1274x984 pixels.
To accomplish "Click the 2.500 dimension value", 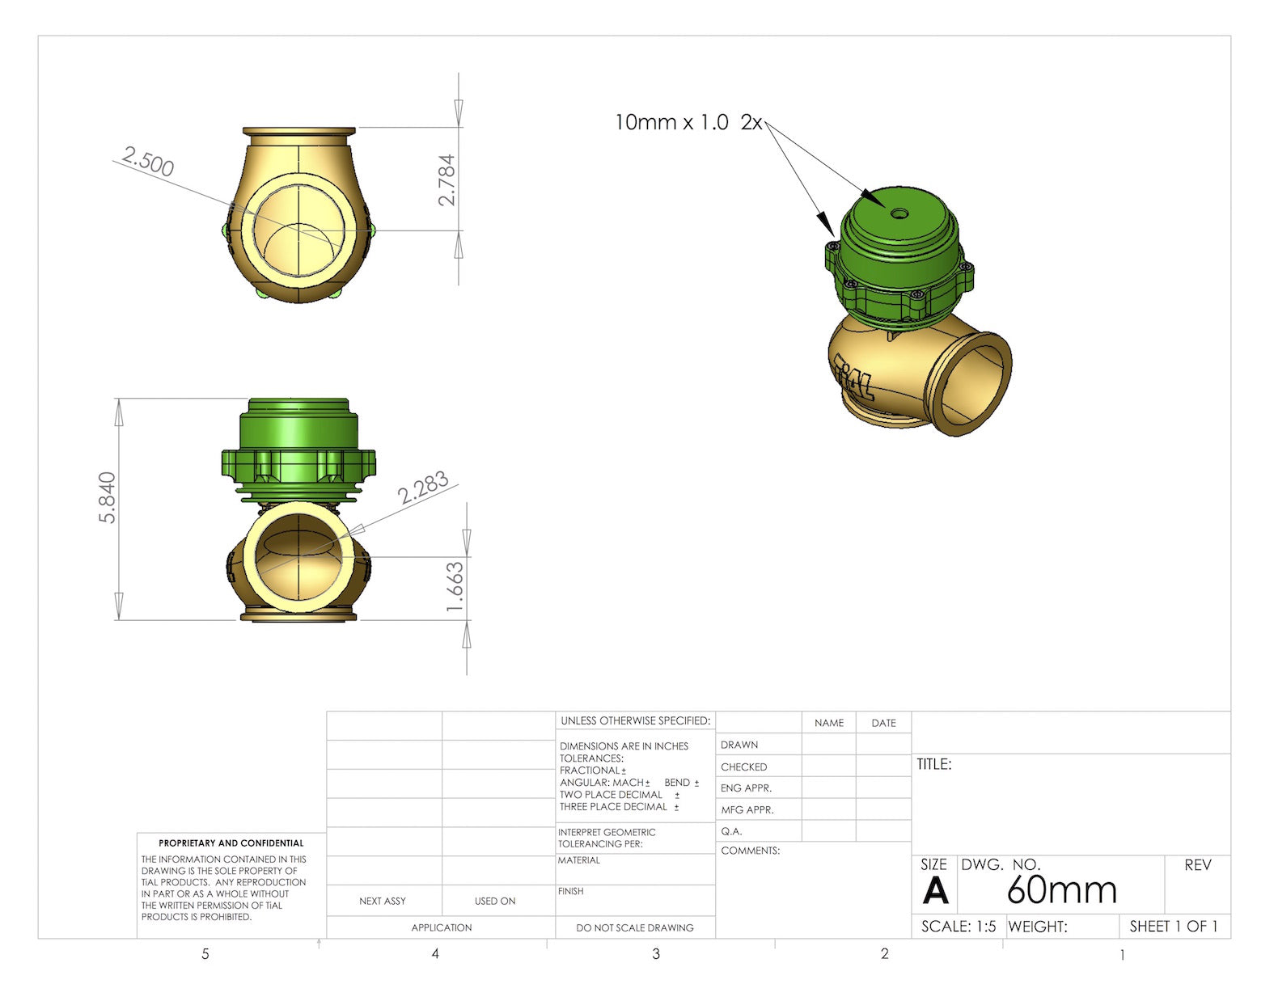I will coord(149,161).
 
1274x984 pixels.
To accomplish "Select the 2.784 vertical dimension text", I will coord(447,180).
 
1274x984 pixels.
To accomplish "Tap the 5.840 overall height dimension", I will coord(107,497).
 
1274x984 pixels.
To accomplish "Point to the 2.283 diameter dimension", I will coord(423,488).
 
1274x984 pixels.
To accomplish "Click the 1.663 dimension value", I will coord(455,586).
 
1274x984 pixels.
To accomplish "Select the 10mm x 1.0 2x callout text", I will coord(688,122).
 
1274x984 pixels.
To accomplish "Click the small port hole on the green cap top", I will coord(899,213).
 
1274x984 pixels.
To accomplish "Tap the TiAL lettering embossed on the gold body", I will coord(853,377).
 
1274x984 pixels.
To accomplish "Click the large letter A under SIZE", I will coord(935,891).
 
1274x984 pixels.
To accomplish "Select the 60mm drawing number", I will coord(1061,889).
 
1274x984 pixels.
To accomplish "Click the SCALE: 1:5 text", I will coord(959,927).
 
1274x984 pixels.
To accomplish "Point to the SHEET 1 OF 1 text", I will coord(1173,927).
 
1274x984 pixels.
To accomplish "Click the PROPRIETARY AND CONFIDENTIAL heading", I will coord(231,843).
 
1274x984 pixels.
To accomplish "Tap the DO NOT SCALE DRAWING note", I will coord(634,927).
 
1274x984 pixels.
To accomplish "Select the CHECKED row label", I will coord(743,767).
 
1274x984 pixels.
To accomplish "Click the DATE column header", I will coord(883,723).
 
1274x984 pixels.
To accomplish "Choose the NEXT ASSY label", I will coord(383,901).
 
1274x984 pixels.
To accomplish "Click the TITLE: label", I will coord(933,764).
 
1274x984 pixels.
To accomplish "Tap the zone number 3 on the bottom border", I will coord(656,954).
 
